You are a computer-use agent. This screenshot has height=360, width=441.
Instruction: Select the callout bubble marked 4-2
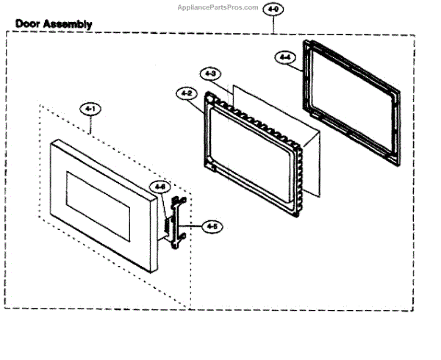click(185, 93)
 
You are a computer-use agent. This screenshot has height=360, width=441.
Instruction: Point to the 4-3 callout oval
click(209, 73)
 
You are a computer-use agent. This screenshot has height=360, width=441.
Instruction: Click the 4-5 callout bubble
click(212, 227)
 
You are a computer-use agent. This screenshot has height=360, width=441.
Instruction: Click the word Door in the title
click(29, 24)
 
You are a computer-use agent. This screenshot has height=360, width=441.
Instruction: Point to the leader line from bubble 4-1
click(90, 125)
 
